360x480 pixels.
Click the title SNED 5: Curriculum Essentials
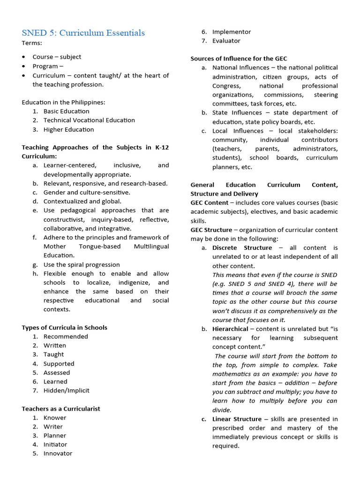tap(83, 32)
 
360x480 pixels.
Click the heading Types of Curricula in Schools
tap(64, 328)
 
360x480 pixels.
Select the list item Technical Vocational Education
tap(89, 120)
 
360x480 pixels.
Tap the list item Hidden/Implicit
tap(66, 390)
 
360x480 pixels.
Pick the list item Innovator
tap(58, 453)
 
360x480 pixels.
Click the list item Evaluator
tap(226, 41)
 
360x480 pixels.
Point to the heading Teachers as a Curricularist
tap(61, 409)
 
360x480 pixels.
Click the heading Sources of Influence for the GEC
tap(238, 59)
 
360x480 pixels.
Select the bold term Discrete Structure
tap(242, 247)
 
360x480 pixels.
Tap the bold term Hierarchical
tap(230, 329)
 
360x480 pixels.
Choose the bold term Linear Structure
tap(237, 419)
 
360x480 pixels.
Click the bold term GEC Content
tap(209, 202)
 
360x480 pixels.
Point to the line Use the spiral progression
tap(82, 264)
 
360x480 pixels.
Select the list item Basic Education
tap(66, 111)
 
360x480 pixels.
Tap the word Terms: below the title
tap(32, 43)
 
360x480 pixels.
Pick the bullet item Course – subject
tap(57, 57)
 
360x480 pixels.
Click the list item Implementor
tap(232, 32)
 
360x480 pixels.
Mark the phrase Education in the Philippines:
tap(63, 102)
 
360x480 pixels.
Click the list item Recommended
tap(66, 337)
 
